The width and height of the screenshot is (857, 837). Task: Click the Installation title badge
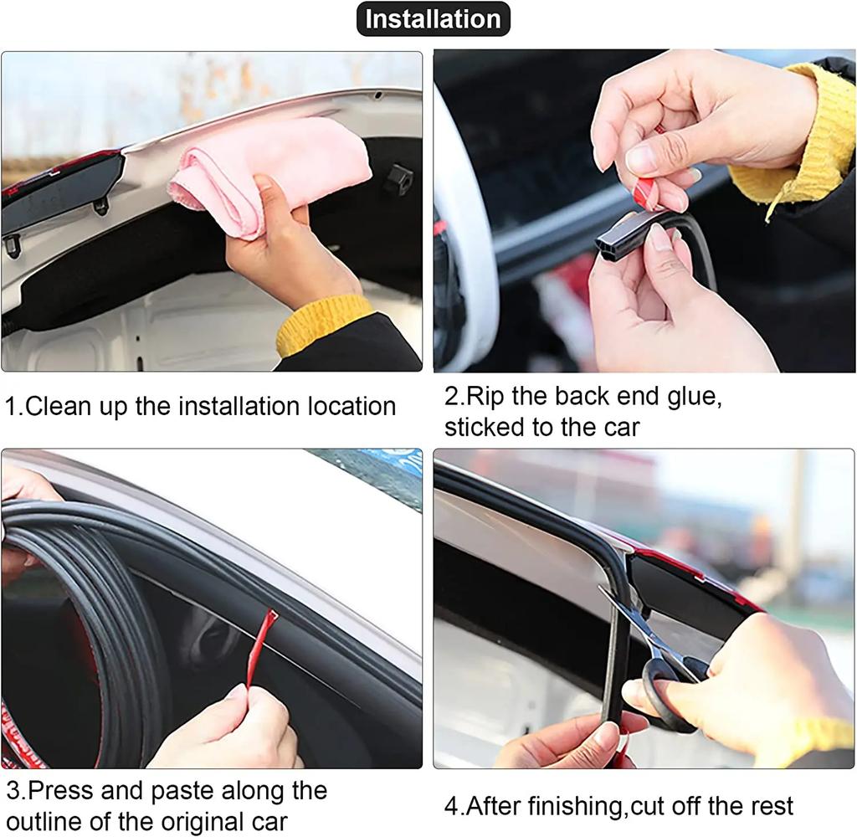coord(433,19)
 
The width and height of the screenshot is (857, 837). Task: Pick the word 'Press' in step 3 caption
coord(59,790)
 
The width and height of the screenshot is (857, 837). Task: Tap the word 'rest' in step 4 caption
coord(767,807)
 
